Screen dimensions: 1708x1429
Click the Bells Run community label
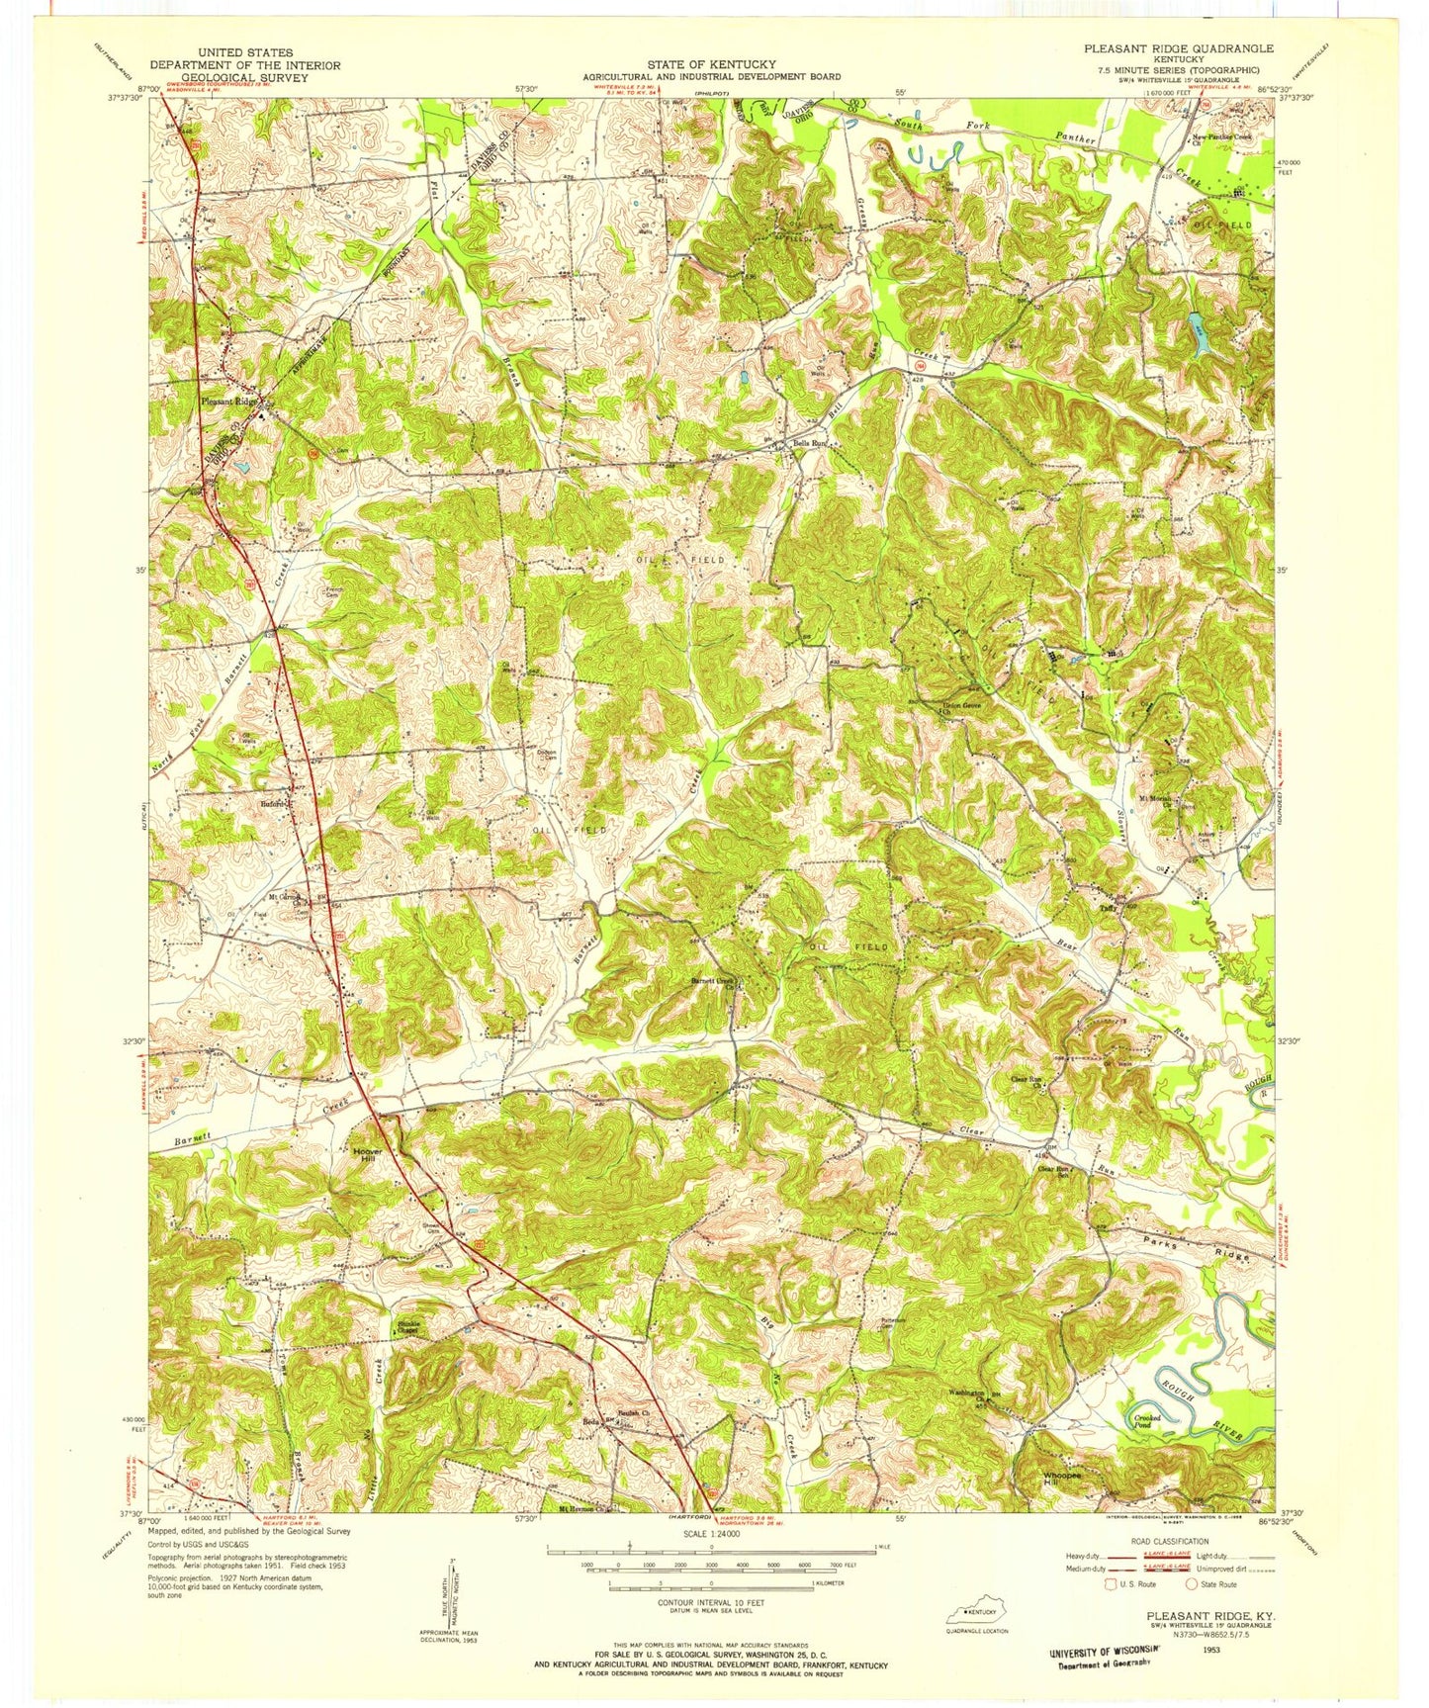809,444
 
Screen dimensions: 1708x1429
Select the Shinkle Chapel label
407,1328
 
